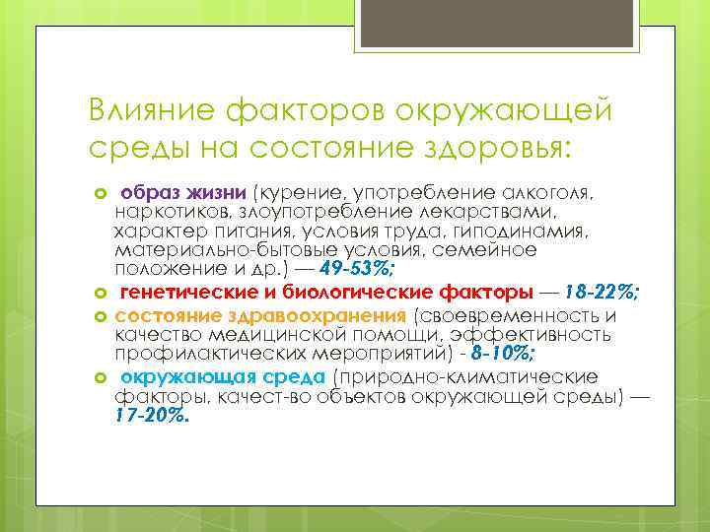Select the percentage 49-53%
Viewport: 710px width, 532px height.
pyautogui.click(x=358, y=270)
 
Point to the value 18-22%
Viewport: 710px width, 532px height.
pyautogui.click(x=604, y=293)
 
